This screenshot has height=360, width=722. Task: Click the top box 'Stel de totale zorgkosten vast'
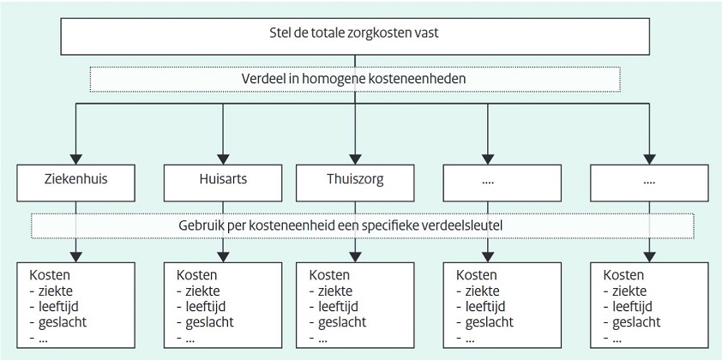click(x=354, y=36)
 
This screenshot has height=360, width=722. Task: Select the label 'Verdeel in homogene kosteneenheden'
click(x=353, y=78)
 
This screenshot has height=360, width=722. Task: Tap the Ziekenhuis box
click(x=76, y=183)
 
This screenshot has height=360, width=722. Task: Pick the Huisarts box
click(x=223, y=183)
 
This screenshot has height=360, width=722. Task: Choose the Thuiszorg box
click(x=355, y=183)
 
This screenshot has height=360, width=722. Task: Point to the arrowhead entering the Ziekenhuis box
click(x=76, y=159)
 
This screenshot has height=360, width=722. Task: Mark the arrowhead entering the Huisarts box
click(x=223, y=159)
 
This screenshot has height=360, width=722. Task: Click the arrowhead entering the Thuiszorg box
click(x=355, y=159)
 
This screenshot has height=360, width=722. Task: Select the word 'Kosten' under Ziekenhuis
click(x=50, y=275)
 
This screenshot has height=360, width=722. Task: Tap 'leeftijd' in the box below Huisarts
click(x=205, y=306)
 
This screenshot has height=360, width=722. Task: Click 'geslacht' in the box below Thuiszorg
click(x=342, y=321)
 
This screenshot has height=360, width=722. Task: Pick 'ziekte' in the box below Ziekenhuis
click(x=55, y=291)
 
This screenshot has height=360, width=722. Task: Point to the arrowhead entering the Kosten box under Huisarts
click(x=223, y=257)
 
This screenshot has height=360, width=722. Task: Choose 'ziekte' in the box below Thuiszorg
click(x=335, y=291)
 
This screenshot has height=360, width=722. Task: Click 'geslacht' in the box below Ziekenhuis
click(x=62, y=321)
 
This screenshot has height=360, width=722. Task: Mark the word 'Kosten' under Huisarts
click(x=196, y=275)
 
